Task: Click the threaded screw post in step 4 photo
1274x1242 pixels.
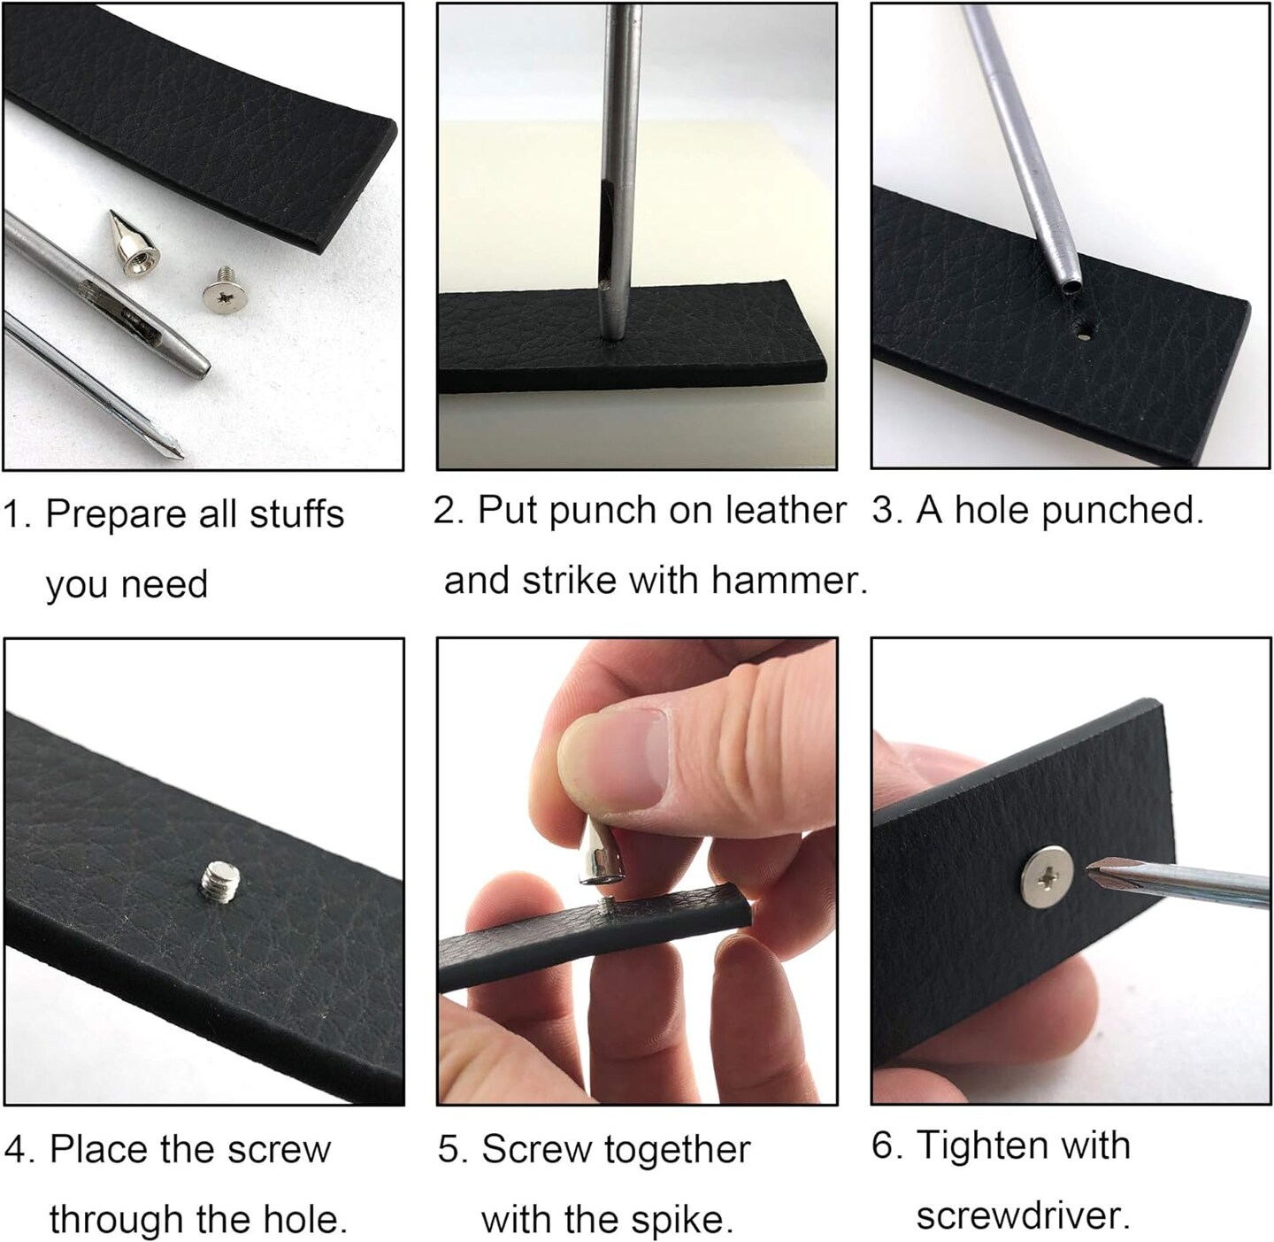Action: [220, 881]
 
